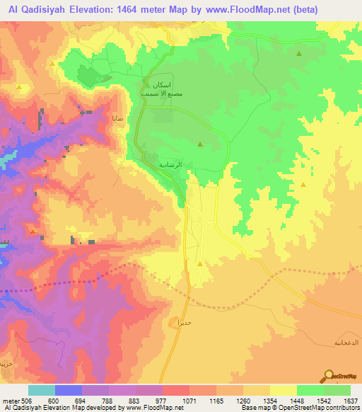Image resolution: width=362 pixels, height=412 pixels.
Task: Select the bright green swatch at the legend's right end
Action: pyautogui.click(x=337, y=390)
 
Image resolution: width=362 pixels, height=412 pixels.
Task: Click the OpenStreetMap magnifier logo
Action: pyautogui.click(x=329, y=377)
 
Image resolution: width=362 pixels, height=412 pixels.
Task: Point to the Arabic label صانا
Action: pyautogui.click(x=117, y=118)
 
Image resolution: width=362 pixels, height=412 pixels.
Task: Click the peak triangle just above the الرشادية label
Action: pyautogui.click(x=200, y=145)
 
